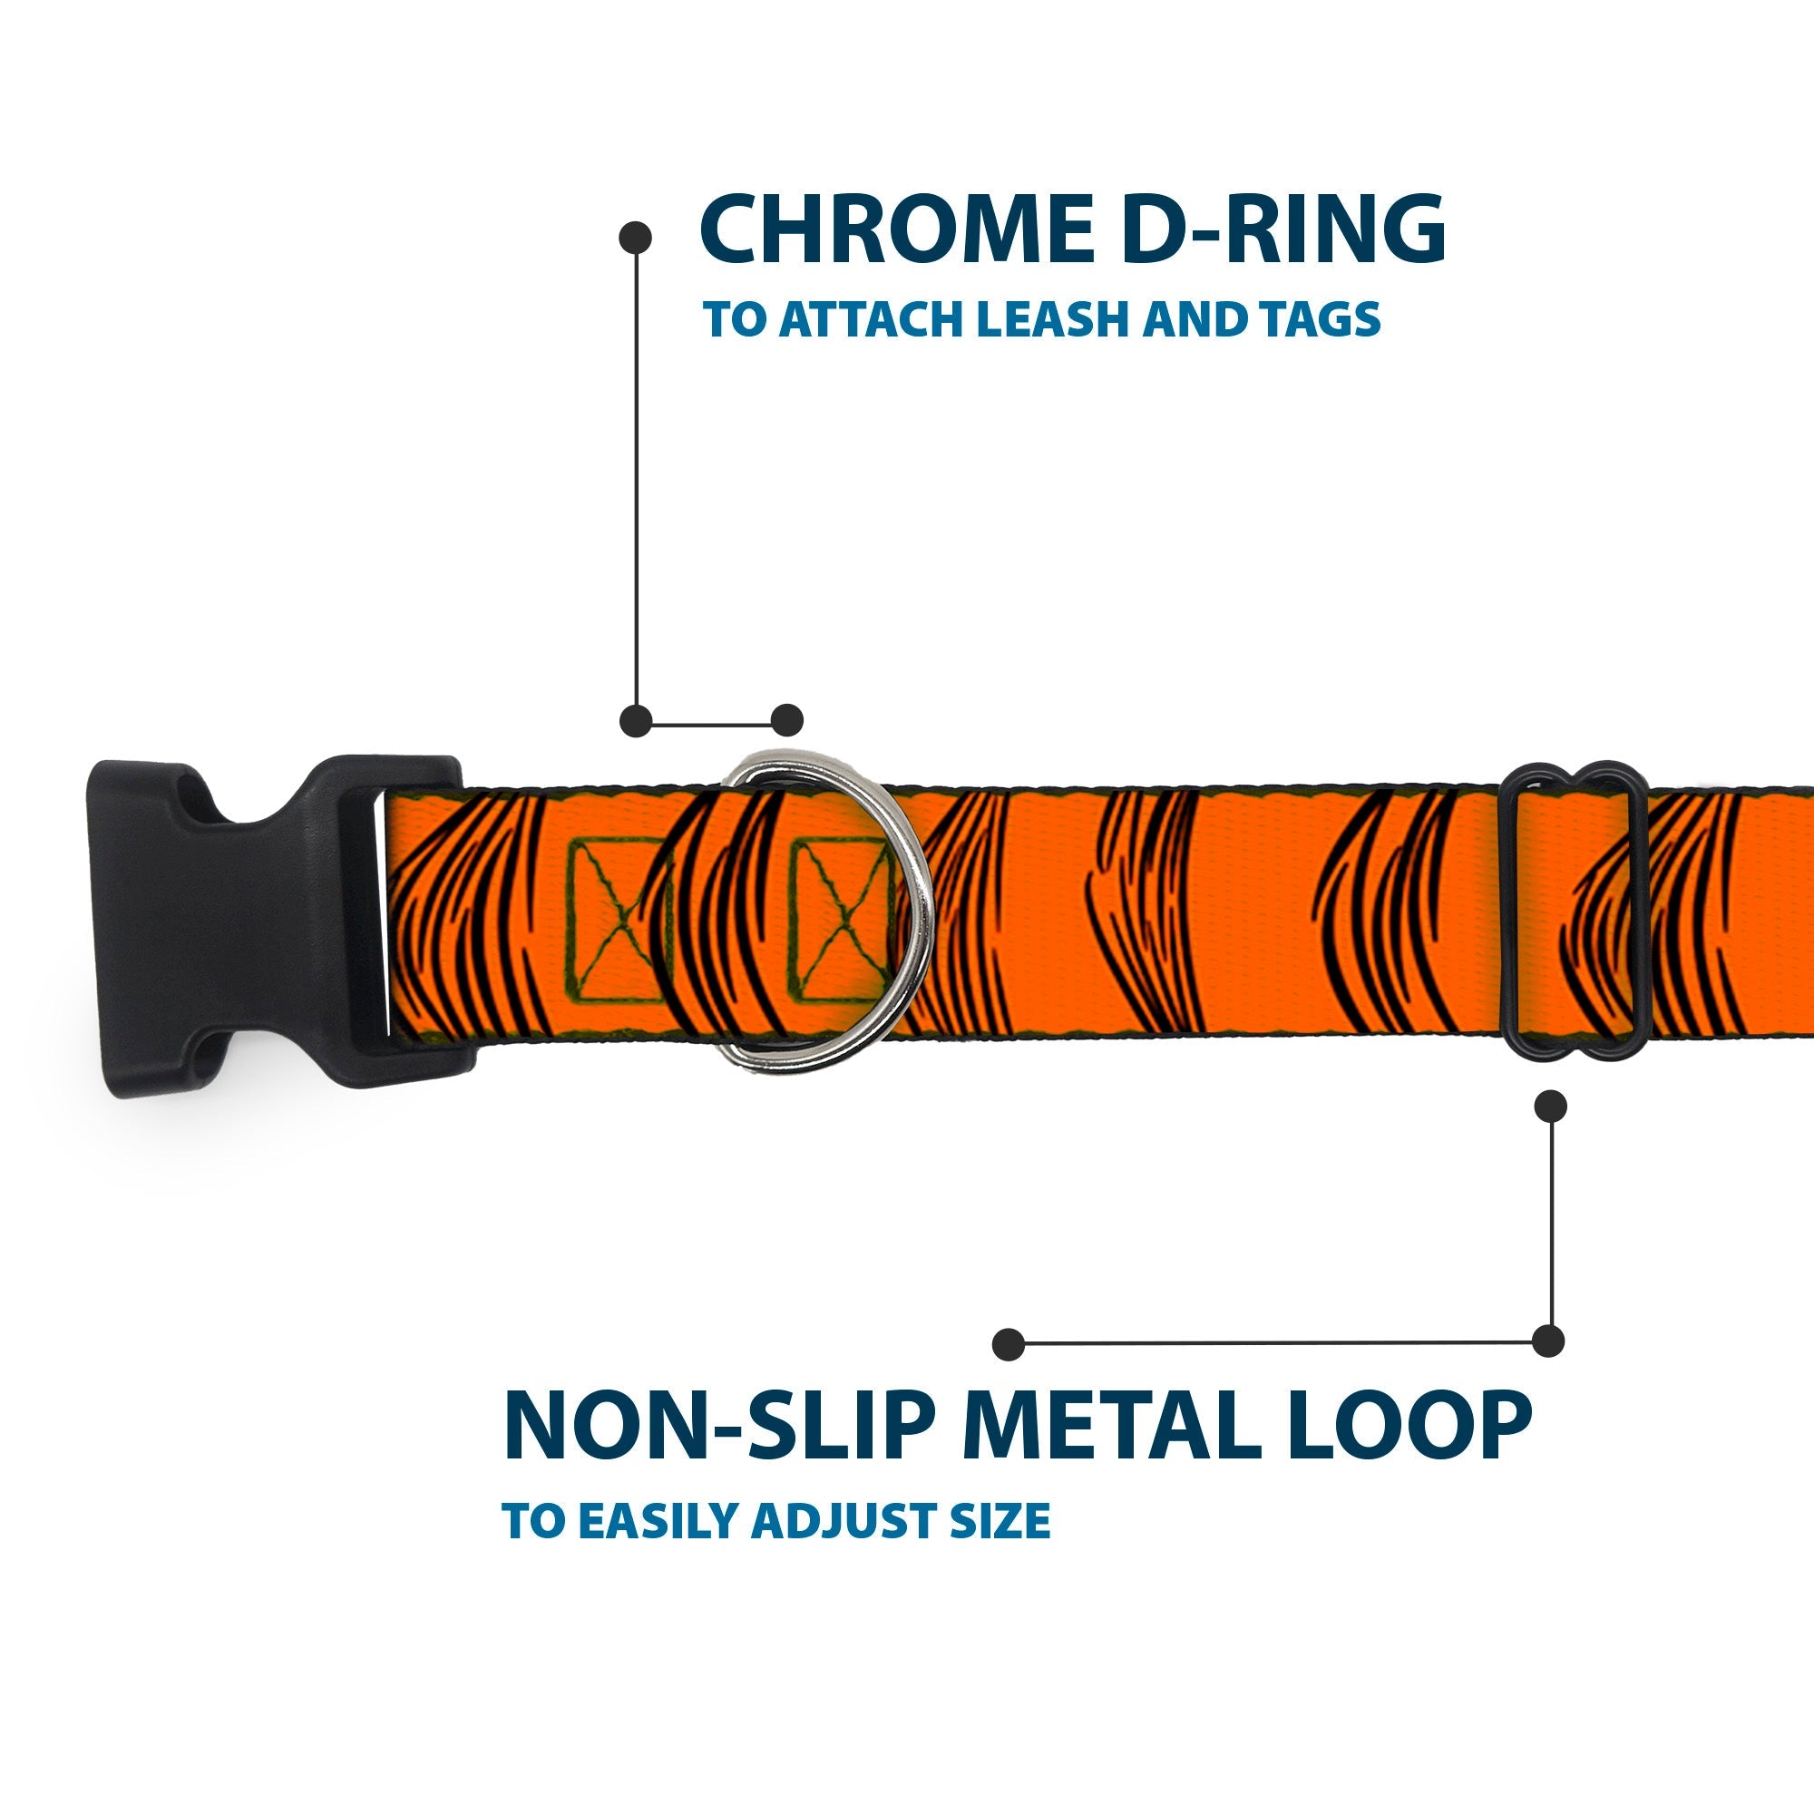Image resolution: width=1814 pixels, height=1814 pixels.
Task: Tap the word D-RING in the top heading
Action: [x=1282, y=229]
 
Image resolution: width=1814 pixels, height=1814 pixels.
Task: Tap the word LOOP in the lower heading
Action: [x=1409, y=1426]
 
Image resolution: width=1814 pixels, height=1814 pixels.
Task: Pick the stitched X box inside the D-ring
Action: [x=843, y=919]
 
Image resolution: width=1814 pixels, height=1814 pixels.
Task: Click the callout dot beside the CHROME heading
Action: [x=636, y=238]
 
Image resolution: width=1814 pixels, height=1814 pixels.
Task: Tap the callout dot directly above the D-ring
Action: [x=786, y=720]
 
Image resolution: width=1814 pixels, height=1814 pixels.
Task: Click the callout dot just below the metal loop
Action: [x=1550, y=1106]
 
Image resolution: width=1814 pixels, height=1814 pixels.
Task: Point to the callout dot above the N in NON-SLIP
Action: [x=1009, y=1344]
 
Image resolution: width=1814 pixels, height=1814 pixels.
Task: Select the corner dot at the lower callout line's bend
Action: [x=1548, y=1341]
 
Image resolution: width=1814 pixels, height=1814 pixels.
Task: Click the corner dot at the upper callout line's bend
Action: [x=637, y=721]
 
